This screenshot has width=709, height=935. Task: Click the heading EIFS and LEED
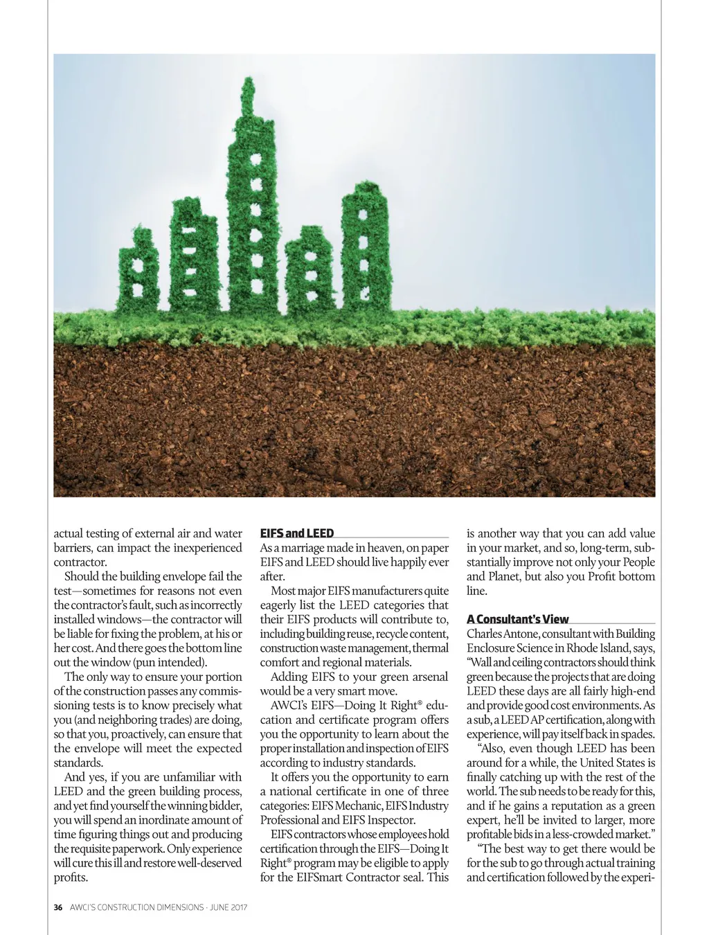pyautogui.click(x=296, y=533)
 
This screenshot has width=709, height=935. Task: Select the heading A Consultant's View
pyautogui.click(x=517, y=619)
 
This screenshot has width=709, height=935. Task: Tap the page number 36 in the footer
pyautogui.click(x=58, y=907)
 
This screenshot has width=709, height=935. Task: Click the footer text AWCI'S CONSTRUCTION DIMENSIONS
pyautogui.click(x=137, y=907)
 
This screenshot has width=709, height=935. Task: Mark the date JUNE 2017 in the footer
pyautogui.click(x=228, y=907)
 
